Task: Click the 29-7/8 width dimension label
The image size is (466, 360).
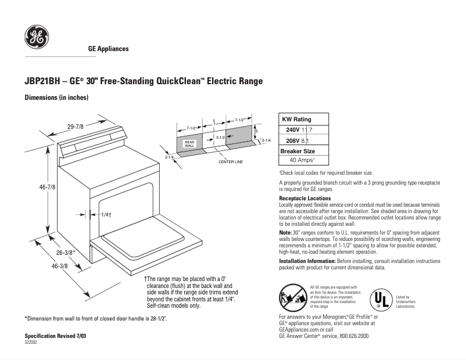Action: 76,126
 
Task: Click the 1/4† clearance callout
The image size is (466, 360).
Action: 105,215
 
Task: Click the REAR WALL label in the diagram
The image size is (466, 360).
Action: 189,143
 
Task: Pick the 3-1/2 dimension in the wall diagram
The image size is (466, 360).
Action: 220,137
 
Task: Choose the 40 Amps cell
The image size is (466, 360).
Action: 302,160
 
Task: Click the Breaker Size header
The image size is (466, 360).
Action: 297,150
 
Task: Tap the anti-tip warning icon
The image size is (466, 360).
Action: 293,297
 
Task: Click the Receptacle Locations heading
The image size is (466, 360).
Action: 305,199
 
